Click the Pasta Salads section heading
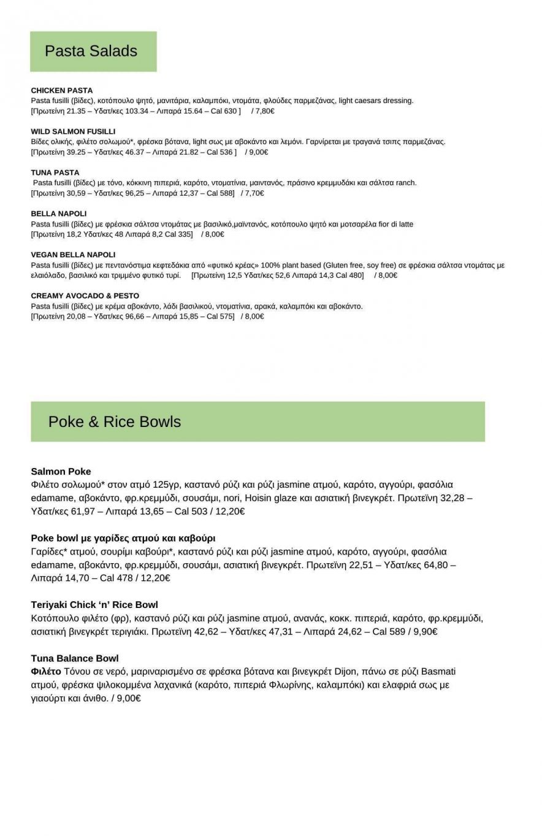click(91, 51)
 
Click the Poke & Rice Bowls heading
click(115, 421)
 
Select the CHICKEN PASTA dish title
click(62, 90)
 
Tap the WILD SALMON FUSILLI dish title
click(73, 131)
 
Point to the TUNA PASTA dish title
click(55, 172)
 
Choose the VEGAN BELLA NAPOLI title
click(73, 255)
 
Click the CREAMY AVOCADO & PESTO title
click(85, 296)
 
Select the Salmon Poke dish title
click(61, 471)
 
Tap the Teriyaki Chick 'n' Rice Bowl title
click(94, 604)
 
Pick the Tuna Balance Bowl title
click(75, 658)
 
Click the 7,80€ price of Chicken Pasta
click(264, 111)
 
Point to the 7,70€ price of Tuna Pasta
click(254, 193)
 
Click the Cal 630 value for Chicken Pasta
click(224, 111)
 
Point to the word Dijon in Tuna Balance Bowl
click(345, 671)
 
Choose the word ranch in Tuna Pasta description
click(406, 183)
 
